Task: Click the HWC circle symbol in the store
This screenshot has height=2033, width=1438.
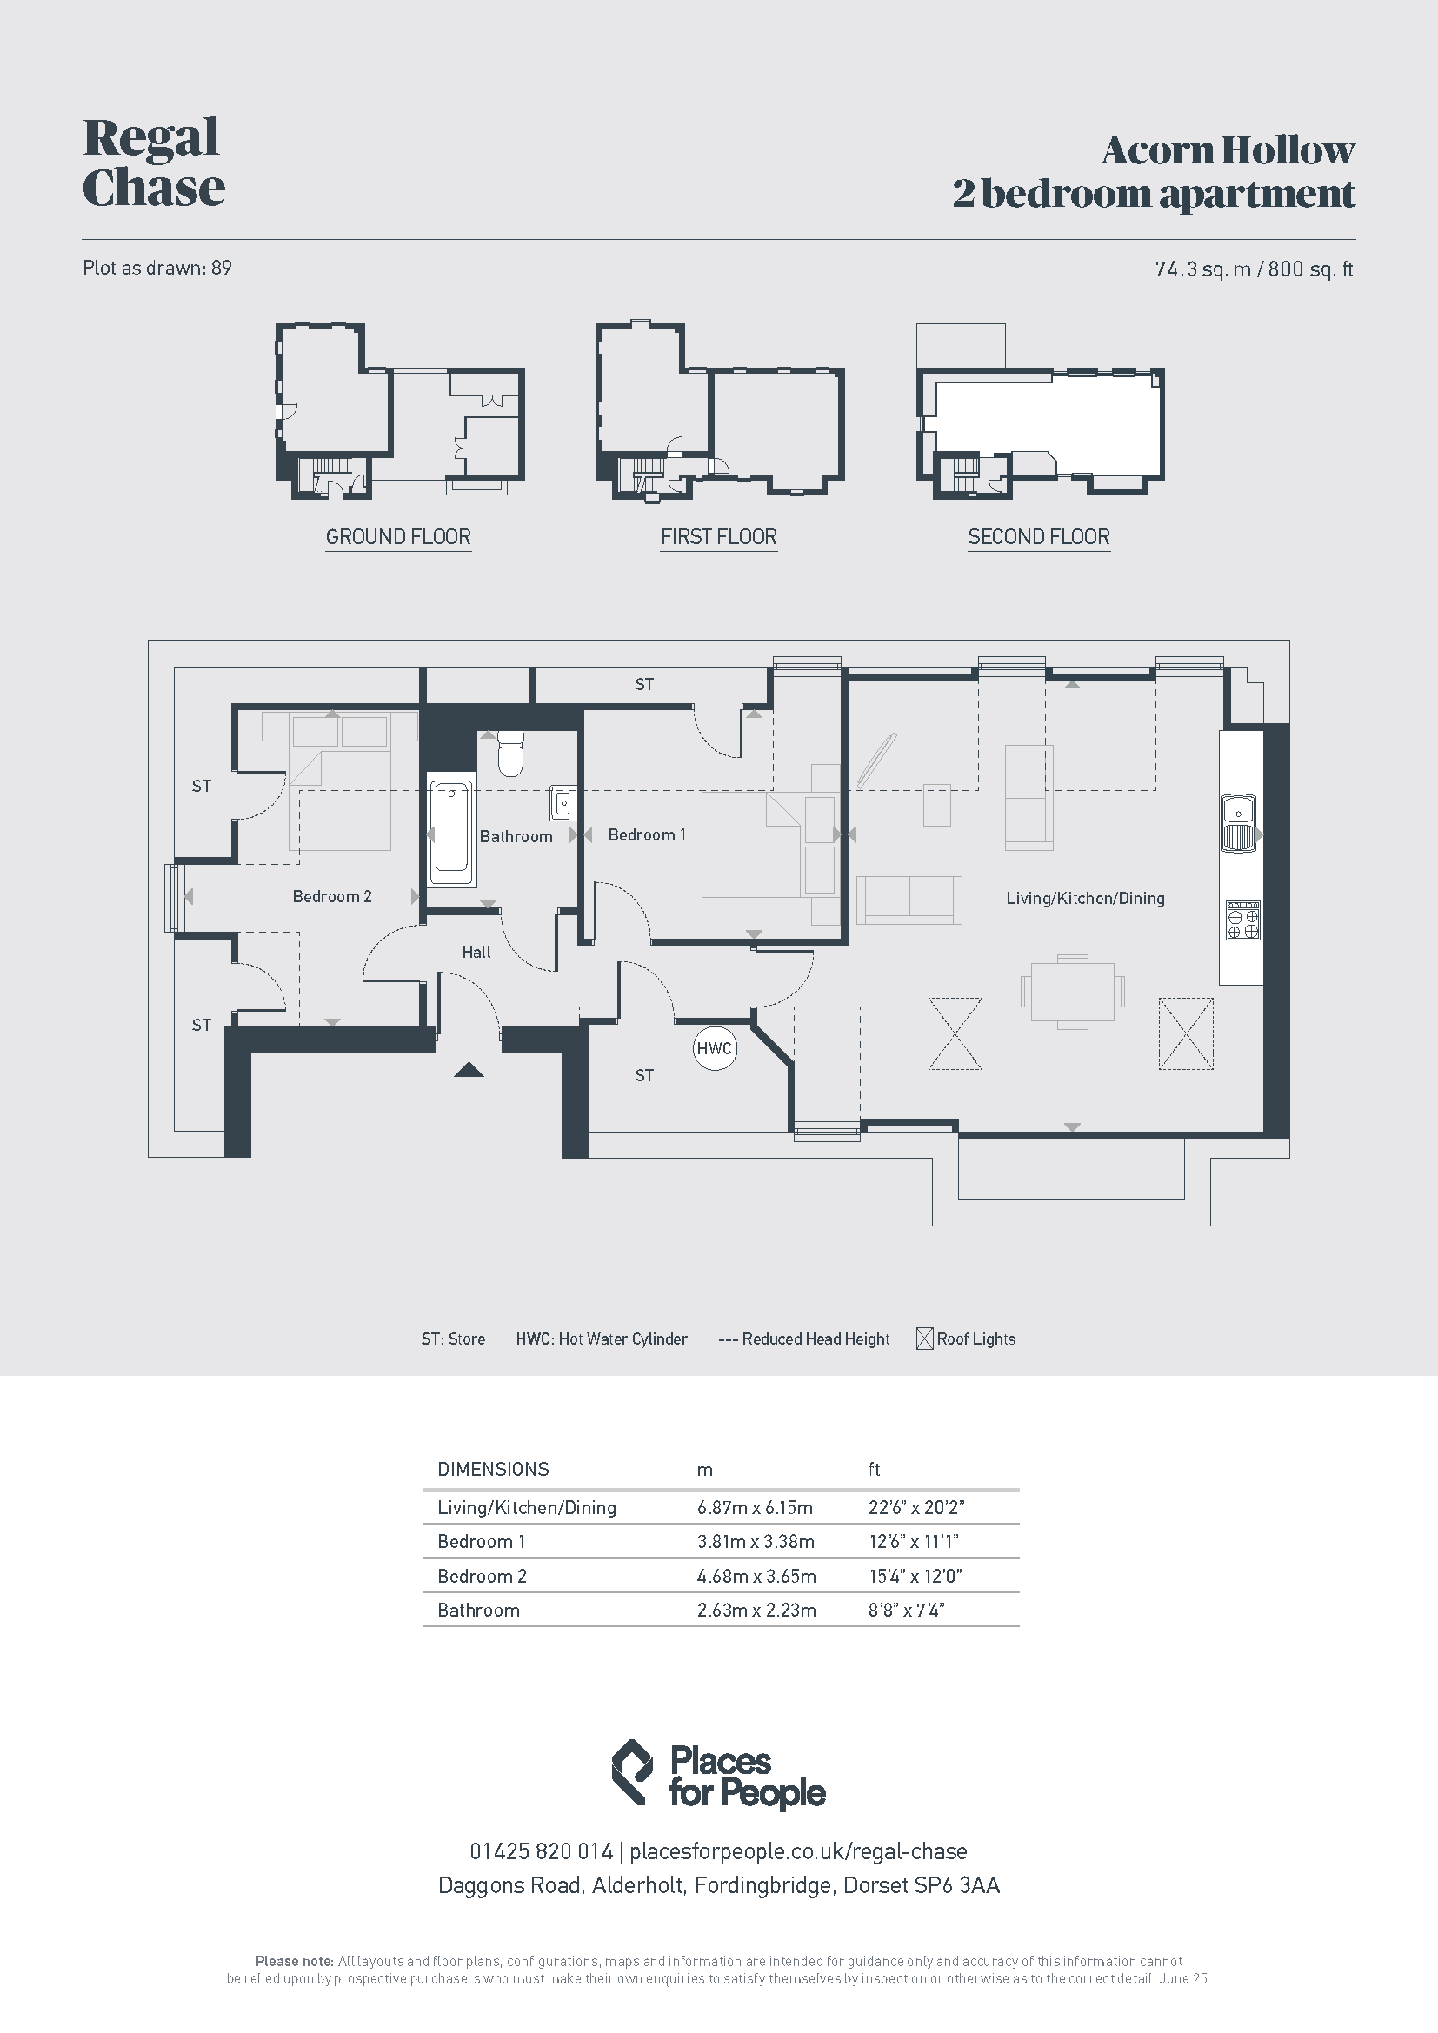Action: [x=714, y=1048]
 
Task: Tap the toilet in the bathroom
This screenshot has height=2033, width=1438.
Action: [x=511, y=753]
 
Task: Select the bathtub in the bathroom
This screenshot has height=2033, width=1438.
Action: [x=451, y=832]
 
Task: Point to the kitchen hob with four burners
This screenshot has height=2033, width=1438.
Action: [x=1242, y=920]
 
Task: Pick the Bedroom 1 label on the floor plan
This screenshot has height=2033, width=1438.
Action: [x=648, y=835]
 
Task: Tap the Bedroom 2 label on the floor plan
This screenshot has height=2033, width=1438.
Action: [x=332, y=897]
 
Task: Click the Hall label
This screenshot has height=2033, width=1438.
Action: [x=476, y=953]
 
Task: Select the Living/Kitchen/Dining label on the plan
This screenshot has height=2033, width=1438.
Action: [x=1086, y=899]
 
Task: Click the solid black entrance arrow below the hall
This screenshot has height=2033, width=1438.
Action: [x=469, y=1070]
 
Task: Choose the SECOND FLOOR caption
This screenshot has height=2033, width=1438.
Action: [x=1039, y=536]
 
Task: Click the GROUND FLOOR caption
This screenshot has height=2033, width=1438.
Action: [x=398, y=536]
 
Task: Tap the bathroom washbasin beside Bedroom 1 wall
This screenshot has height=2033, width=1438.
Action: [x=563, y=802]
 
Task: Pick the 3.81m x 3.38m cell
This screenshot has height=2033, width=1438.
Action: [x=756, y=1542]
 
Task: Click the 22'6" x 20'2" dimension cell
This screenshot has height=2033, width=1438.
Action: [x=916, y=1507]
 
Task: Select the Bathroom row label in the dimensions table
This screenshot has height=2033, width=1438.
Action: [x=478, y=1610]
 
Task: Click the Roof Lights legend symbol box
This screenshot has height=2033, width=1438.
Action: [x=924, y=1339]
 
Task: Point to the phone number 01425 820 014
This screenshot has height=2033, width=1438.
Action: [x=541, y=1851]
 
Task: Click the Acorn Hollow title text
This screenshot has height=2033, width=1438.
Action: [x=1228, y=150]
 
